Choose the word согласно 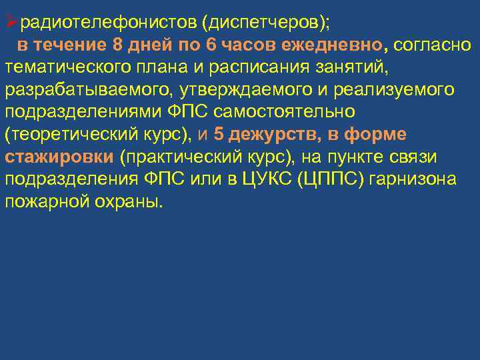(431, 45)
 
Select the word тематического (69, 67)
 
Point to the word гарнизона (435, 178)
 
